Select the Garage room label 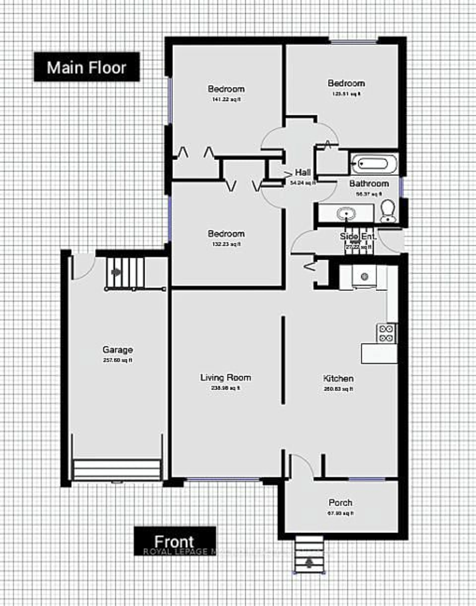pyautogui.click(x=118, y=349)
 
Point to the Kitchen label pyautogui.click(x=338, y=379)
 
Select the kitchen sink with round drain pyautogui.click(x=364, y=277)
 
